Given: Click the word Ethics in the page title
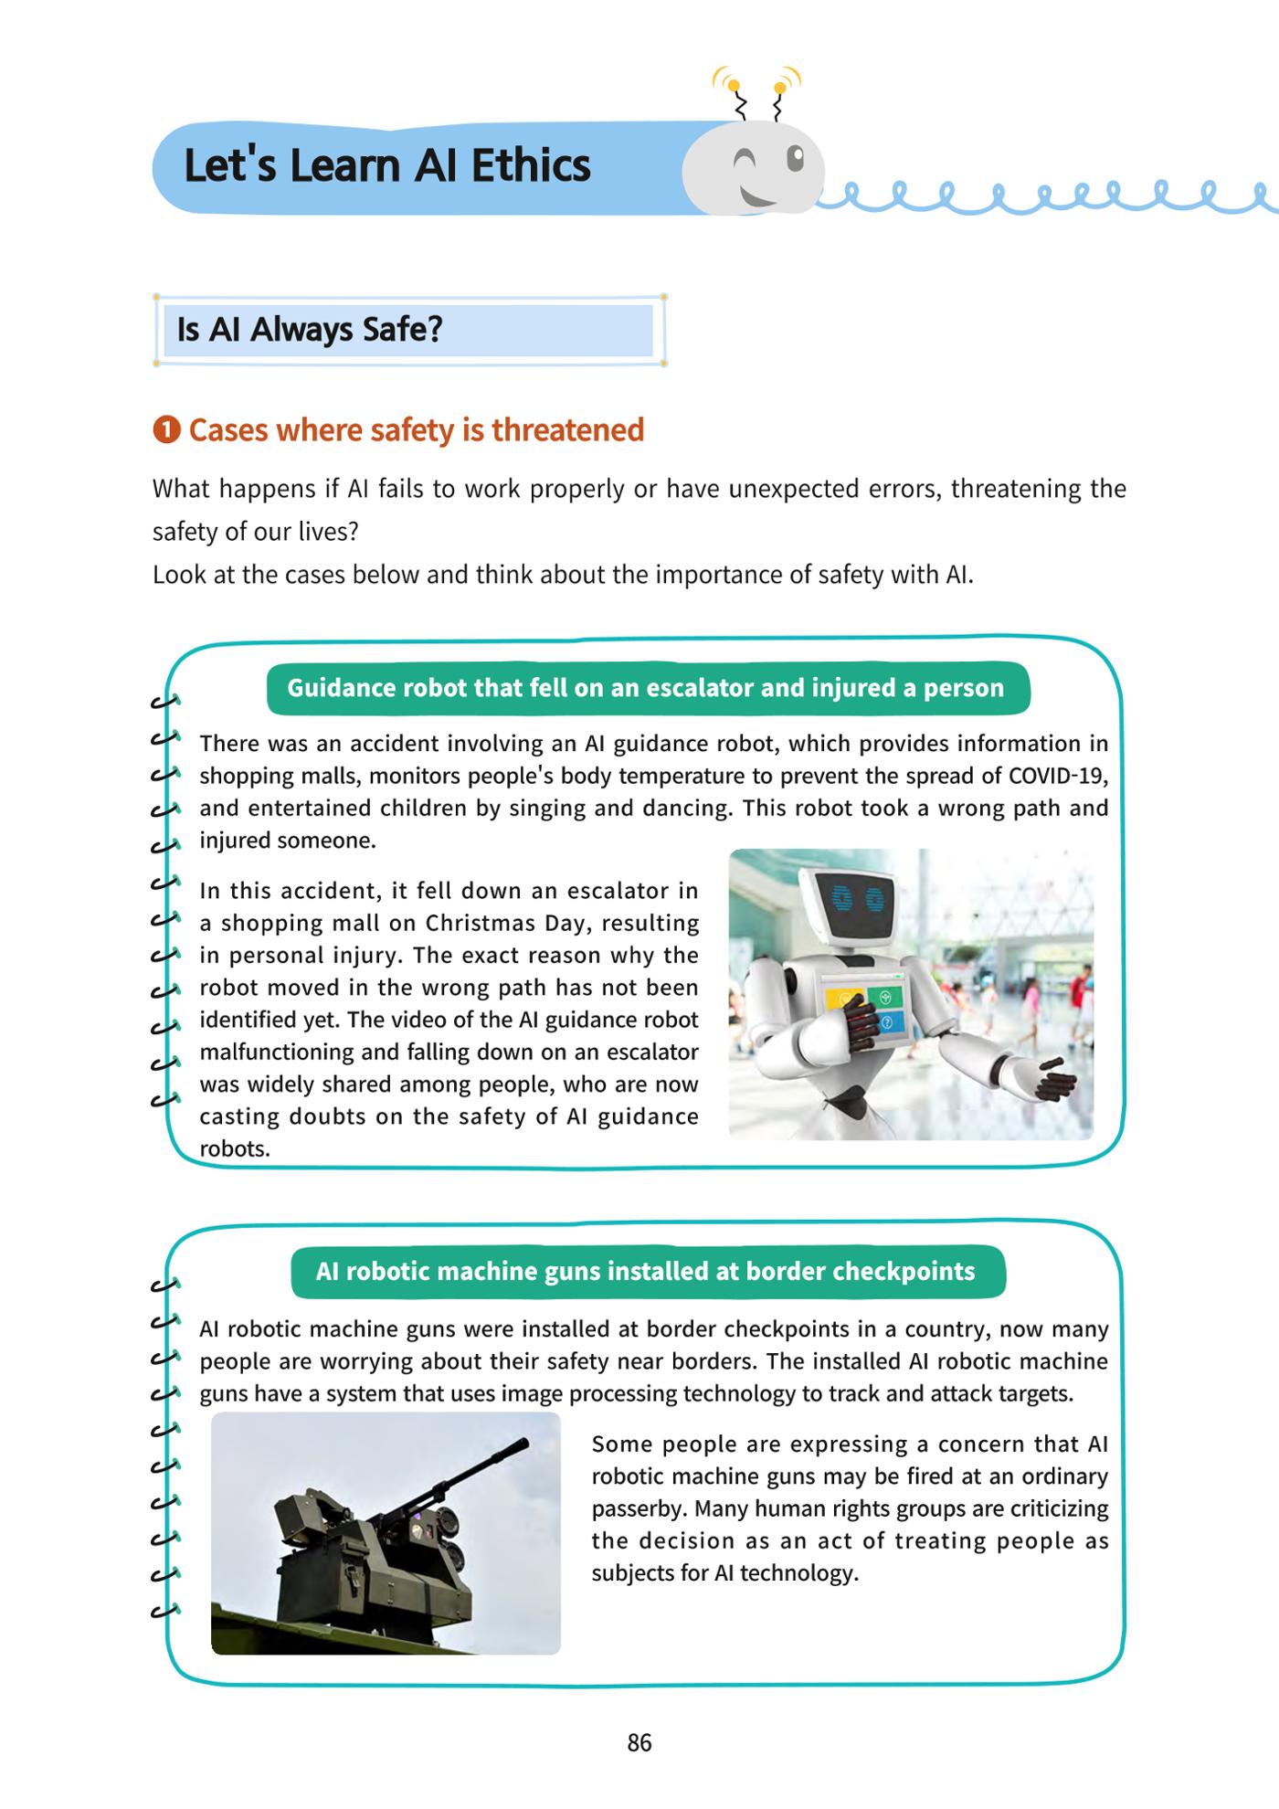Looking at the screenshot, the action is [531, 166].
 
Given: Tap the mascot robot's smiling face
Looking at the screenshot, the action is [754, 169].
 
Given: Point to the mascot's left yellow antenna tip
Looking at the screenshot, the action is [733, 86].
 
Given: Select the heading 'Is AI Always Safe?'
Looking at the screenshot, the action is [310, 329].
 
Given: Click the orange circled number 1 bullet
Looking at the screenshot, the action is [166, 429].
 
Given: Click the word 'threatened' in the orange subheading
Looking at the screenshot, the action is [567, 429].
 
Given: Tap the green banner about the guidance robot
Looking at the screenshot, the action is [648, 688].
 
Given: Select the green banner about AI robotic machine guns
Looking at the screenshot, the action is [648, 1272].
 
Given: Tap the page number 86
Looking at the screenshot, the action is [639, 1743].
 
